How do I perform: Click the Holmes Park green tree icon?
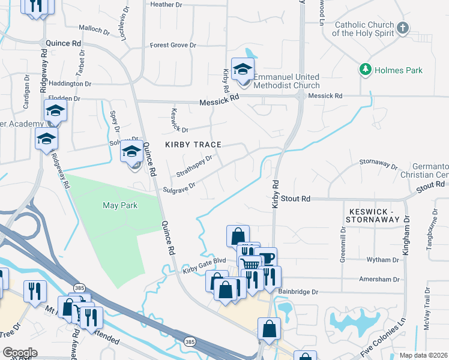[x=364, y=70]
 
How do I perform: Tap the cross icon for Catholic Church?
[x=403, y=28]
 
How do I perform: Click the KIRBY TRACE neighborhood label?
[x=193, y=145]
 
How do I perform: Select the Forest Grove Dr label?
[x=173, y=45]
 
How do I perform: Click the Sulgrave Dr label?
[x=179, y=190]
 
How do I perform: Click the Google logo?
[x=20, y=352]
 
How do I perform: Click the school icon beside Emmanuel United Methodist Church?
[x=243, y=70]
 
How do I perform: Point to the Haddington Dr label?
[x=70, y=84]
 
